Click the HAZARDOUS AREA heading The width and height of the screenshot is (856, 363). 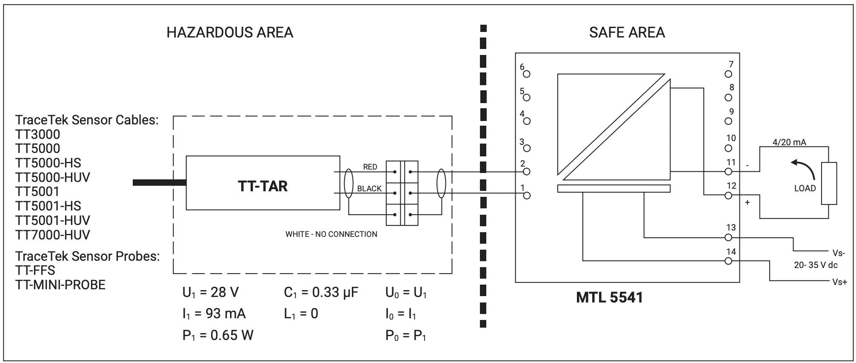tap(230, 32)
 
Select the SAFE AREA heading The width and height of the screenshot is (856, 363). tap(627, 32)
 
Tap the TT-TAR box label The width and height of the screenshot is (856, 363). tap(263, 186)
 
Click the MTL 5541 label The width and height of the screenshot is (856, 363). tap(609, 297)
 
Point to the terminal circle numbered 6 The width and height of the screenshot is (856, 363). tap(527, 74)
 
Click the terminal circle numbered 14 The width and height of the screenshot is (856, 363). tap(728, 261)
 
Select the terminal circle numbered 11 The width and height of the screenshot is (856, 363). tap(728, 171)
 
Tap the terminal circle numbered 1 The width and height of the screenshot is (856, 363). tap(527, 196)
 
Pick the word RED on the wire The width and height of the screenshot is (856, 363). tap(370, 167)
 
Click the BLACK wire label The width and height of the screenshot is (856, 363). tap(369, 188)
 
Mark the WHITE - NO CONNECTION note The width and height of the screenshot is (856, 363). tap(331, 234)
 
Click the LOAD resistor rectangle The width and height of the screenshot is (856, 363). tap(829, 184)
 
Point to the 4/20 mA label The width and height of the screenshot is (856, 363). tap(789, 142)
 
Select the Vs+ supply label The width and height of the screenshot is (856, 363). tap(839, 282)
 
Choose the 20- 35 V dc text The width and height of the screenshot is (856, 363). tap(816, 265)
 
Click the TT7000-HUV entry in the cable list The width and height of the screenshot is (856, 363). tap(53, 235)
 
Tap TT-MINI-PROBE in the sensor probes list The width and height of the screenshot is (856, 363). tap(60, 285)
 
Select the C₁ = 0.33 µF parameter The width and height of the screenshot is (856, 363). tap(321, 293)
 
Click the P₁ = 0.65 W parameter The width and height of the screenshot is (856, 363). tap(218, 336)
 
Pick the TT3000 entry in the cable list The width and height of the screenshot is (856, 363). tap(38, 134)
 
